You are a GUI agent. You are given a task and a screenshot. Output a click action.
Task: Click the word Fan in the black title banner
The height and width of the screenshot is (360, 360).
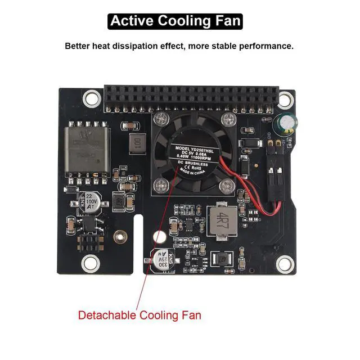[x=227, y=21]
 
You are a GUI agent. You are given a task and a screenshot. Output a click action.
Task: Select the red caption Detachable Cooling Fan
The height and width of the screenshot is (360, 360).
[x=139, y=315]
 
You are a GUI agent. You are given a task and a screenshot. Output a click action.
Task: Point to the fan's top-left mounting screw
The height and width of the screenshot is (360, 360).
[x=161, y=119]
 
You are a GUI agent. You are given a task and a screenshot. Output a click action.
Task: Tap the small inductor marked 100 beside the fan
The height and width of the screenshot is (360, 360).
[x=136, y=143]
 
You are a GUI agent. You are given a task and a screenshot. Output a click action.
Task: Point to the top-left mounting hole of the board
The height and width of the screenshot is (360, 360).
[x=91, y=99]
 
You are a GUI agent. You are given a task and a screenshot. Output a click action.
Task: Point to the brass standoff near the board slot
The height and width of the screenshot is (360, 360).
[x=119, y=236]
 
